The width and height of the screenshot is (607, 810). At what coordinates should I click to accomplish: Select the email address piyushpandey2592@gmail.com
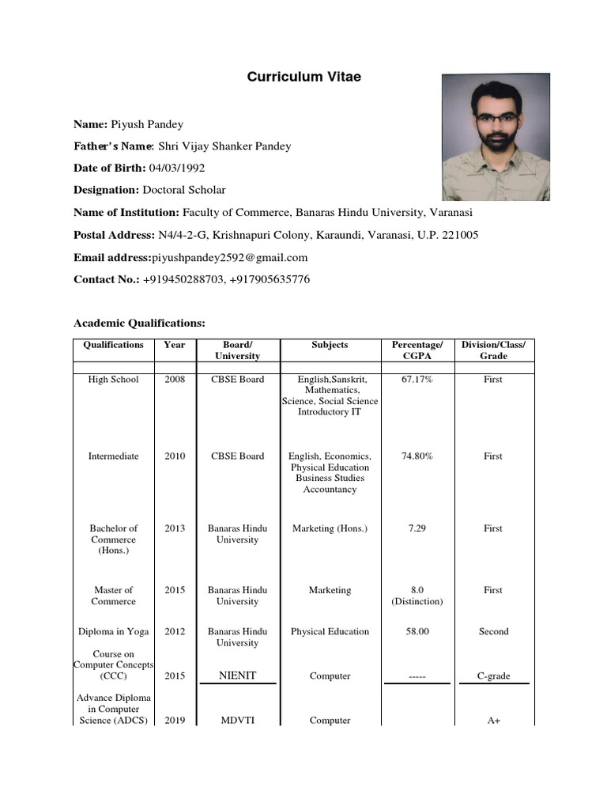[229, 257]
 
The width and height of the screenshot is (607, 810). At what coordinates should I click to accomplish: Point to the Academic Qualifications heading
[139, 323]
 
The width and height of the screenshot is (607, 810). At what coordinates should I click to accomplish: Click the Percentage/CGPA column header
[417, 350]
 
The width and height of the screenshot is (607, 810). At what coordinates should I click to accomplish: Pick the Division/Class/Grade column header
[493, 350]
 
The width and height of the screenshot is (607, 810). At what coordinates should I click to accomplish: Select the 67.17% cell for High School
[417, 380]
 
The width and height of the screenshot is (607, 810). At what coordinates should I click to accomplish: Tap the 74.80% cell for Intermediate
[417, 456]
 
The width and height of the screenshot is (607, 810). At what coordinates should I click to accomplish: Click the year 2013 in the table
[175, 528]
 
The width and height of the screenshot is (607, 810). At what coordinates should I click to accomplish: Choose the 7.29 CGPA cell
[417, 528]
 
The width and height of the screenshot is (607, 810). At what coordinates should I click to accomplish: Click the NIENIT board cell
[237, 676]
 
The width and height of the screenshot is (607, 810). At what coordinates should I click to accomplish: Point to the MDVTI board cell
[237, 721]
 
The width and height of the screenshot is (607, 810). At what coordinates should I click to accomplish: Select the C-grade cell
[493, 676]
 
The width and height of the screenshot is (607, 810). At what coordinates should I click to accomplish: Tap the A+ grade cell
[493, 721]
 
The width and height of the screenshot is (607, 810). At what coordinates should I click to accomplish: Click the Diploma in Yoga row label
[113, 631]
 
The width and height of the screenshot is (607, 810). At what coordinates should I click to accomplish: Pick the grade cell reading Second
[493, 631]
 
